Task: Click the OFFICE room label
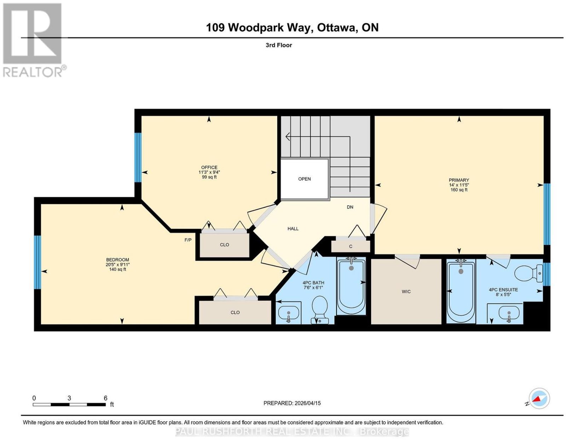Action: click(x=209, y=167)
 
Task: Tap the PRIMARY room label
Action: click(x=459, y=180)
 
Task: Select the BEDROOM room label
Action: click(x=117, y=260)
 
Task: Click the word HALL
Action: click(x=293, y=229)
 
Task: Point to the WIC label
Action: click(x=406, y=292)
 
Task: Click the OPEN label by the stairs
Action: click(x=304, y=179)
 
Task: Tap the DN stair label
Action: click(x=350, y=207)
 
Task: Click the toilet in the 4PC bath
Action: click(x=319, y=310)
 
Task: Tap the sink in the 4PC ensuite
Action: click(x=509, y=313)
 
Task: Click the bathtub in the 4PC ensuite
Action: click(x=461, y=292)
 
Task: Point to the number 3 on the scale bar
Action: click(x=69, y=398)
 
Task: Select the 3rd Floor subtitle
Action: click(x=279, y=45)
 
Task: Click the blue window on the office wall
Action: click(x=138, y=158)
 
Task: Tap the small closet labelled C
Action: click(x=351, y=246)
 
